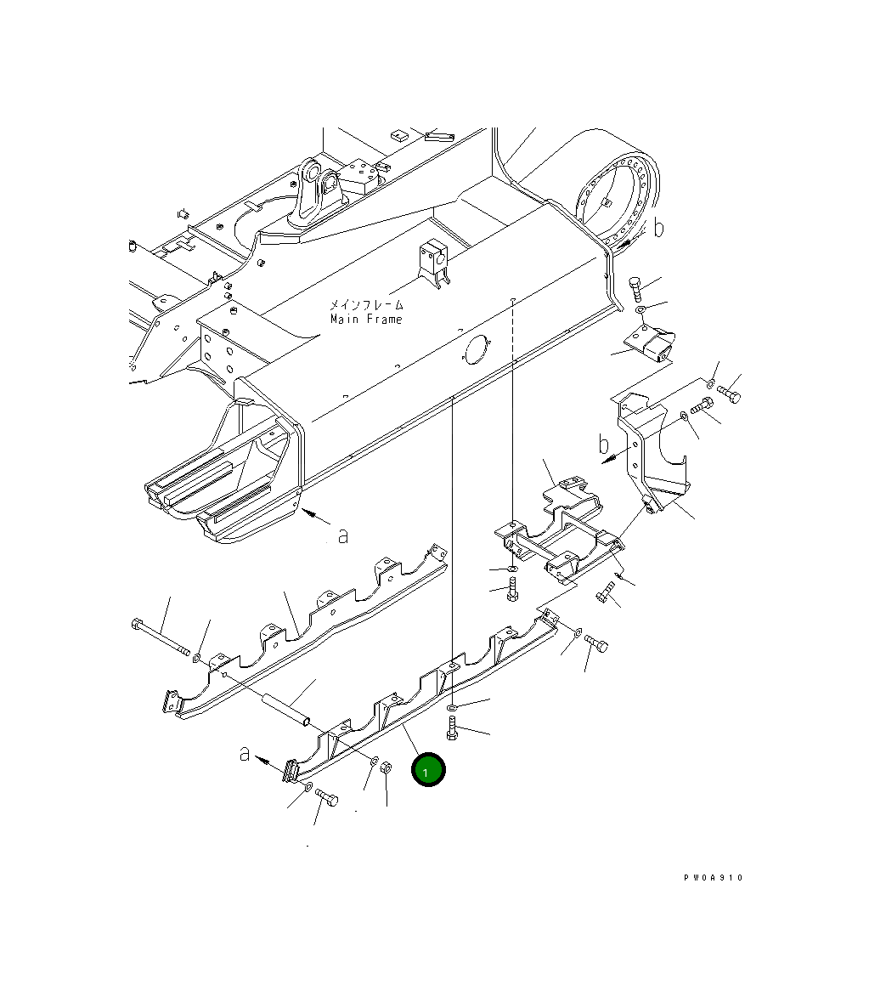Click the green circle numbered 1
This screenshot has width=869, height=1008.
(x=428, y=770)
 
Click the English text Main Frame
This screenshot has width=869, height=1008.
(x=366, y=319)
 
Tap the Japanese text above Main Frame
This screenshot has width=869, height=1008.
(x=367, y=304)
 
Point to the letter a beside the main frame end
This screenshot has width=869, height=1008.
(x=342, y=536)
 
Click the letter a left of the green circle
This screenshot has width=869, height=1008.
(x=245, y=753)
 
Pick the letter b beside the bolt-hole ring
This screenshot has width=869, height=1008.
(x=659, y=227)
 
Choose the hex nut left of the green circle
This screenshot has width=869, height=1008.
(x=384, y=767)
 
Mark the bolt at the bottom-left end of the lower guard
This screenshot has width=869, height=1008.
(x=326, y=798)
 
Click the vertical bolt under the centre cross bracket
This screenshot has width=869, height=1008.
(x=511, y=588)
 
